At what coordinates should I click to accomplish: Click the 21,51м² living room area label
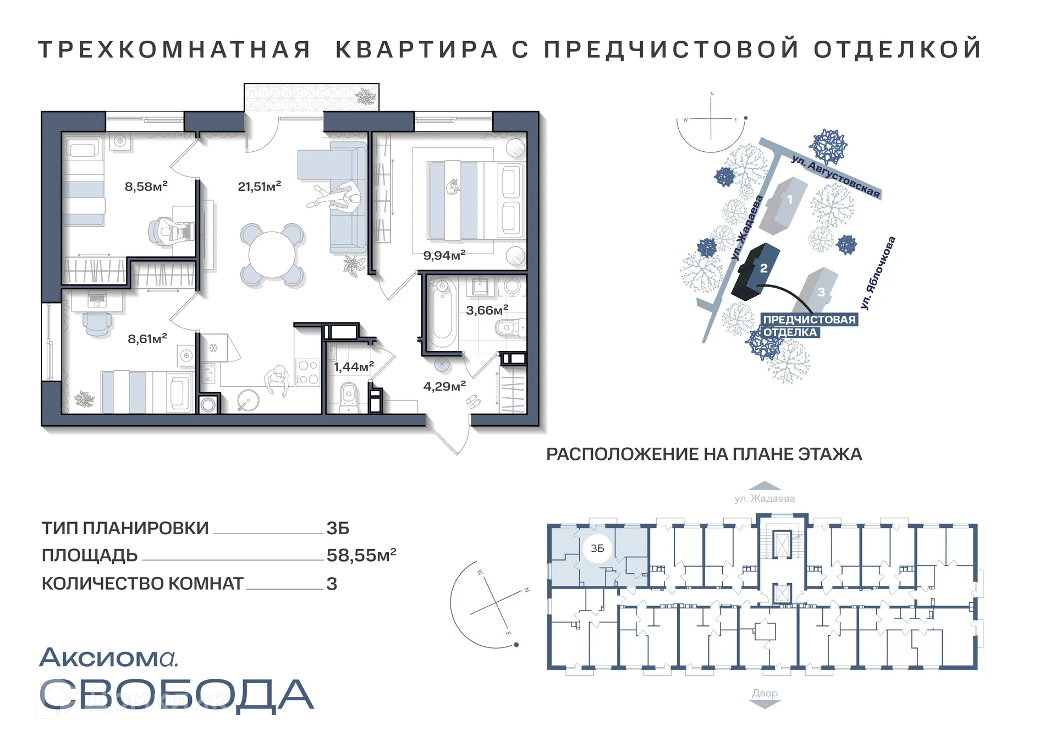tap(259, 186)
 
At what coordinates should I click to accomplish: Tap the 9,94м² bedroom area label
tap(444, 255)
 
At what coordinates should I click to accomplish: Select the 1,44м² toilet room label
tap(354, 366)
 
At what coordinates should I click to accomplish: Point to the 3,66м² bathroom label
tap(487, 310)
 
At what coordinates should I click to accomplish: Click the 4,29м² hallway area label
tap(444, 386)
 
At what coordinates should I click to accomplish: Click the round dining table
tap(272, 255)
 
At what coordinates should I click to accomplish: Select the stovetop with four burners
tap(307, 372)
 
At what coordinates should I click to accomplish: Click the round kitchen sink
tap(248, 400)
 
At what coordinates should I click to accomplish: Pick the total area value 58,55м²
tap(361, 555)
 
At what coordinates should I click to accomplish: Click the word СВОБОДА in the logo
tap(176, 694)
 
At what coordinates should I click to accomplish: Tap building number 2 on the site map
tap(763, 268)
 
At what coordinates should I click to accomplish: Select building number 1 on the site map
tap(790, 200)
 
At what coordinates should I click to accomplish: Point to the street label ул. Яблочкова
tap(878, 272)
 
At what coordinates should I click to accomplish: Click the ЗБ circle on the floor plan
tap(597, 548)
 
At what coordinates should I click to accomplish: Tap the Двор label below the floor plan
tap(765, 693)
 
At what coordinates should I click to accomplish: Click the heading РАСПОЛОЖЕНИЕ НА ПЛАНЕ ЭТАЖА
tap(704, 454)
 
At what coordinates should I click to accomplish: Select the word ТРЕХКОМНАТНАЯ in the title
tap(174, 50)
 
